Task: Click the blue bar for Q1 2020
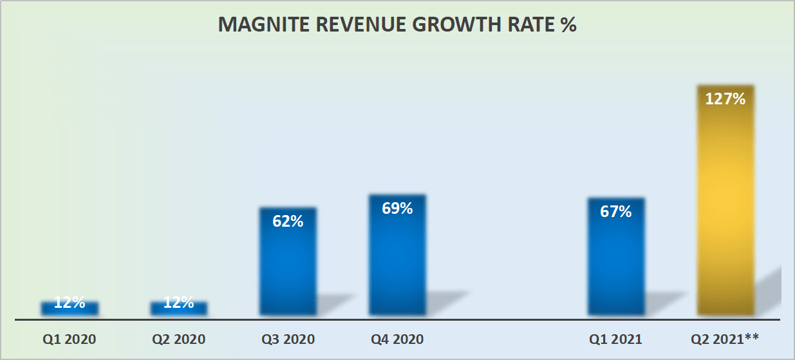[70, 308]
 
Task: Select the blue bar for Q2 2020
[179, 308]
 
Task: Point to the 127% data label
[725, 99]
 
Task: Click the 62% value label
[288, 221]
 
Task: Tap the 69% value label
[397, 208]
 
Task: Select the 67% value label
[616, 211]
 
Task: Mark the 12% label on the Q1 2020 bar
[70, 303]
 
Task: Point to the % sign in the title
[568, 25]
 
